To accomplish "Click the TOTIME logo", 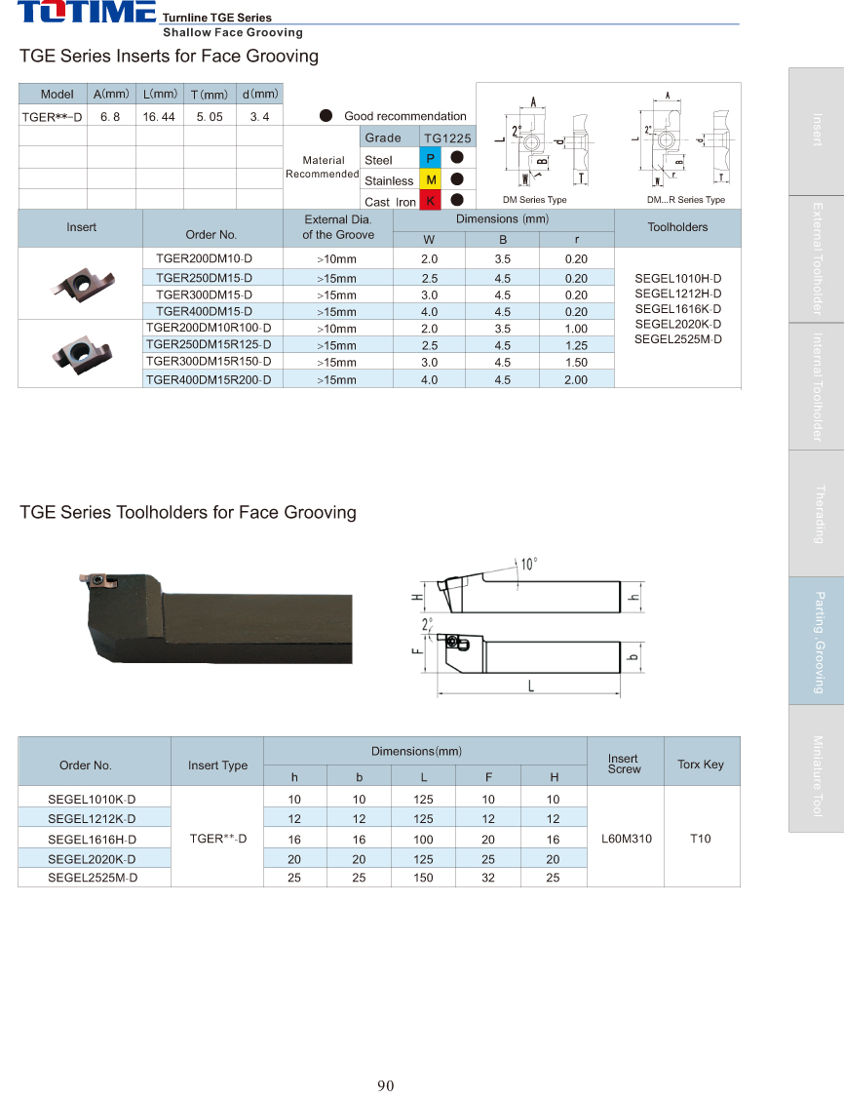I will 86,13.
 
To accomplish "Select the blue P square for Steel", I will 431,159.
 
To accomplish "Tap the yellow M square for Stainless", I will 431,180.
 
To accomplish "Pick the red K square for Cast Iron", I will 431,201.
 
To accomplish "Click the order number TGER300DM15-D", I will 204,294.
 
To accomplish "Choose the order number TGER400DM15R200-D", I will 208,378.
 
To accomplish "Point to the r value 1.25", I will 576,345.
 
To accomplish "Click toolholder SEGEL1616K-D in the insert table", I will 678,308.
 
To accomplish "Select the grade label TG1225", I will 447,138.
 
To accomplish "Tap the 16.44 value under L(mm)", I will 159,117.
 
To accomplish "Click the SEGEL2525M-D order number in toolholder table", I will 93,878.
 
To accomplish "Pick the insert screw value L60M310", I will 626,838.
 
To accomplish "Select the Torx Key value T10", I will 701,838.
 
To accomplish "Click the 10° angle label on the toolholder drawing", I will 528,564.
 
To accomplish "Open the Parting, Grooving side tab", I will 816,641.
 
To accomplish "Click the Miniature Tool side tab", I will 816,775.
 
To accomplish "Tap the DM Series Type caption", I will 534,200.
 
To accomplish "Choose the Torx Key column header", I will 701,765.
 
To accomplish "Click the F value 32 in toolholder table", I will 488,878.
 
